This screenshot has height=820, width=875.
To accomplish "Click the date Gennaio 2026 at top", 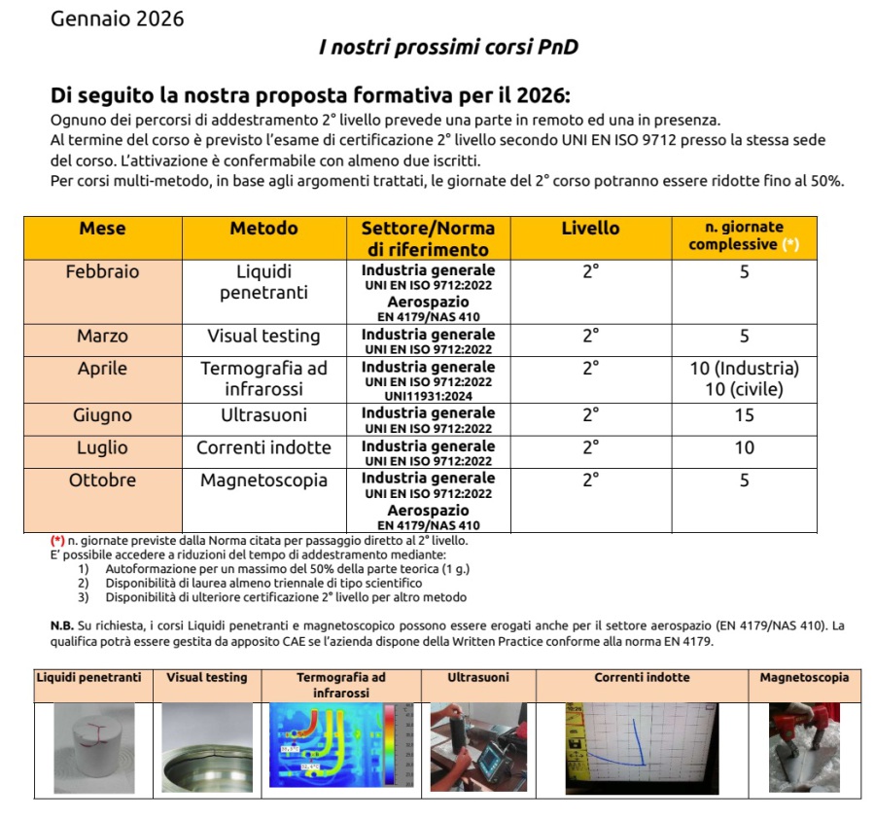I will point(117,18).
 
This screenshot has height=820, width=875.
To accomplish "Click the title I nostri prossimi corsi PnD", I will point(448,47).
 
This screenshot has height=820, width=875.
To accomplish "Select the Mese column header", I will point(102,229).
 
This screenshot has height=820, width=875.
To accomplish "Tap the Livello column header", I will point(590,229).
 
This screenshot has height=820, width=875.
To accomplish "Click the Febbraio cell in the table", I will point(102,272).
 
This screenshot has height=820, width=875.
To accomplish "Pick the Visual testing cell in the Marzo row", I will point(263,337).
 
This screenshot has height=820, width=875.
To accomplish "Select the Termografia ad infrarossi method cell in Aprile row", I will point(263,378).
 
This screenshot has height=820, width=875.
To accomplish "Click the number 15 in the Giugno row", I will point(744,415).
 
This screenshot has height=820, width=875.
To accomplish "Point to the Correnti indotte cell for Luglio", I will point(263,448).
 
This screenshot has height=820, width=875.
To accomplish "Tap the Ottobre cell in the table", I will point(102,481).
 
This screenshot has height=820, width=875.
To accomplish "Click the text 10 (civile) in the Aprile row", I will point(744,390).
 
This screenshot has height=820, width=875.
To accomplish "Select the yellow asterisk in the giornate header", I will point(790,244).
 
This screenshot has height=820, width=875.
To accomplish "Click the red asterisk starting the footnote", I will point(57,540).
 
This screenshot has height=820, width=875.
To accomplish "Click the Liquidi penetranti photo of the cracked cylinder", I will point(94,748).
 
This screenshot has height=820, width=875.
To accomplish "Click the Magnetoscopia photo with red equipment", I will point(804,748).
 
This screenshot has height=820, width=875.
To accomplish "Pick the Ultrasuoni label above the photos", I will point(477,678).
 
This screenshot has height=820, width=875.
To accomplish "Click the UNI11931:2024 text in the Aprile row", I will point(428,396).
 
